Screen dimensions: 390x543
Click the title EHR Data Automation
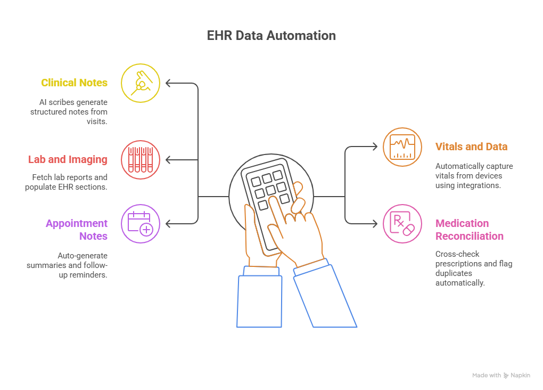pyautogui.click(x=271, y=36)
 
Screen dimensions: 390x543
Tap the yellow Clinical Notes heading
pyautogui.click(x=74, y=83)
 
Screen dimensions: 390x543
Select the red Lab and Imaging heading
pyautogui.click(x=68, y=159)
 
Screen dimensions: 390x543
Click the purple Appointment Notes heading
pyautogui.click(x=77, y=230)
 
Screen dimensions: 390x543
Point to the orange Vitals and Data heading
pyautogui.click(x=471, y=147)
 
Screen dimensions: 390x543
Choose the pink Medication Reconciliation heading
pyautogui.click(x=469, y=230)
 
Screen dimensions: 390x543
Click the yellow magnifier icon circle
pyautogui.click(x=141, y=83)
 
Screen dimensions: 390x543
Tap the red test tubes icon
pyautogui.click(x=141, y=159)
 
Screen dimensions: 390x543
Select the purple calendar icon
pyautogui.click(x=141, y=223)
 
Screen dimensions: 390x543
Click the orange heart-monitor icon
pyautogui.click(x=402, y=147)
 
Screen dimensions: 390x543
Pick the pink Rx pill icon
pyautogui.click(x=402, y=223)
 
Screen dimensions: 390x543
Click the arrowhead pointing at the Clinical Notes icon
pyautogui.click(x=168, y=83)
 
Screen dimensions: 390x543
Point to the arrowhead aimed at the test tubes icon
pyautogui.click(x=168, y=159)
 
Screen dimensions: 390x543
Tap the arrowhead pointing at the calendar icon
pyautogui.click(x=168, y=223)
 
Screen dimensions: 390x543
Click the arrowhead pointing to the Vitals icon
pyautogui.click(x=375, y=147)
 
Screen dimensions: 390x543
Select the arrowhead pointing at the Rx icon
pyautogui.click(x=375, y=223)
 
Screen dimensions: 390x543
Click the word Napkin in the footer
pyautogui.click(x=520, y=376)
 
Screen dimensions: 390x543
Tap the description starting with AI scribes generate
pyautogui.click(x=69, y=111)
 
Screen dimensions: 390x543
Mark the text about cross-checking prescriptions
pyautogui.click(x=473, y=269)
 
